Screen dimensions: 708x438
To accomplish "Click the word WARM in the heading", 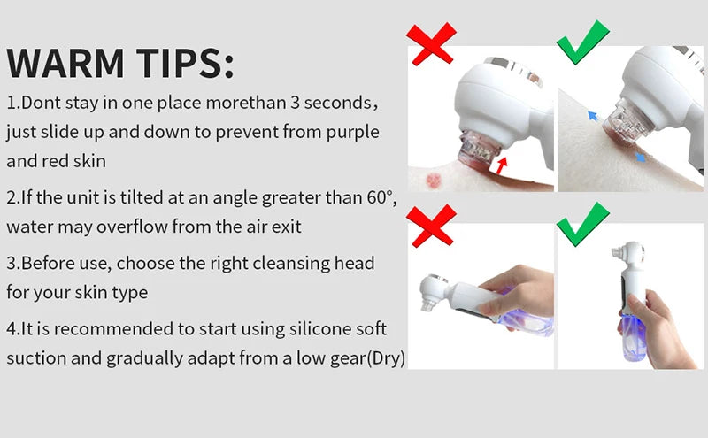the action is pos(65,62).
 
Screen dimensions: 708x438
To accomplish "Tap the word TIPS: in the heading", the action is pos(185,62).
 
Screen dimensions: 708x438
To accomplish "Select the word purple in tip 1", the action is pos(352,133).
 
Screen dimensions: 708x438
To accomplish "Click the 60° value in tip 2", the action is pos(382,197).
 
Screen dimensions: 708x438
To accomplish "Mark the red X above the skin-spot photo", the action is pos(431,44).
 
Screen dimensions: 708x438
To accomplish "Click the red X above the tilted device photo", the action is pos(431,226).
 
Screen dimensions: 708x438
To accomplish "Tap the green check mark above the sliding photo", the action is pos(582,42).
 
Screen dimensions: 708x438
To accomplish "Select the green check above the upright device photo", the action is pos(582,224).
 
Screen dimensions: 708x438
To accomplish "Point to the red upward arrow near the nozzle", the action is pos(501,165).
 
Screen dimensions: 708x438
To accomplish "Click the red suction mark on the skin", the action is pos(434,181).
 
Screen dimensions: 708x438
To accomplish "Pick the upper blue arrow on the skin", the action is pos(593,116).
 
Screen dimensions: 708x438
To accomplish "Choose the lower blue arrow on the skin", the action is pos(640,158).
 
